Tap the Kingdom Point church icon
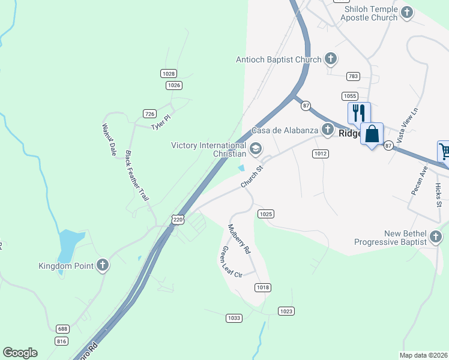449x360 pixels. coord(103,265)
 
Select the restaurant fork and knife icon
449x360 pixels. coord(359,113)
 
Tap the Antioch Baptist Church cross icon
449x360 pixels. coord(330,59)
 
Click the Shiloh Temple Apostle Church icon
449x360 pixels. coord(407,12)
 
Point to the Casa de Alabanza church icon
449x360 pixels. coord(327,129)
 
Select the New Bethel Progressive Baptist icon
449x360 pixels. coord(436,237)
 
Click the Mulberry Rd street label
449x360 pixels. coord(239,239)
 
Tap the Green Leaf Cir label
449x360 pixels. coord(231,262)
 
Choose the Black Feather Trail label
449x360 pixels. coord(137,175)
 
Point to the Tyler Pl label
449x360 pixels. coord(161,123)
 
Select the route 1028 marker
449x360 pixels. coord(169,73)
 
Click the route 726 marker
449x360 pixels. coord(150,113)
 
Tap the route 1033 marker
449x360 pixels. coord(234,317)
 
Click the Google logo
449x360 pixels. coord(20,353)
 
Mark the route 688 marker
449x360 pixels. coord(62,329)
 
